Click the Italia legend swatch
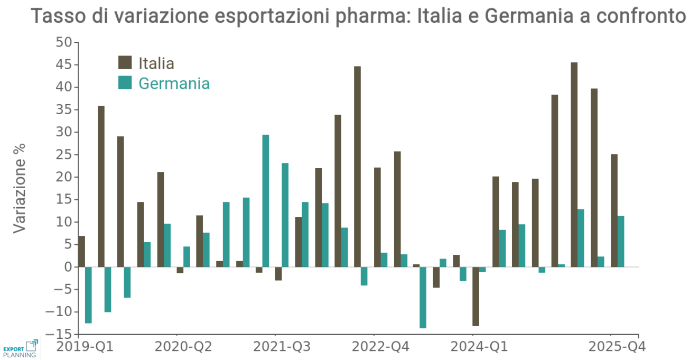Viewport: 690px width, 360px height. click(125, 62)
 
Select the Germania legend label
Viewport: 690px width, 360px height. click(174, 84)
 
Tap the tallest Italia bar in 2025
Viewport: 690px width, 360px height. click(574, 164)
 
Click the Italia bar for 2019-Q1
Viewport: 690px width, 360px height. click(81, 252)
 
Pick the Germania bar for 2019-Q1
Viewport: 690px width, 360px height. click(88, 295)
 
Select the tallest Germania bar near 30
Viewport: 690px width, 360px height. click(266, 201)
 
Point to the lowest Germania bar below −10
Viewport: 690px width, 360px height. click(423, 298)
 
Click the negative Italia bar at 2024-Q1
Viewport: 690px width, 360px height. click(475, 297)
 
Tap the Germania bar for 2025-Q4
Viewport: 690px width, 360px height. click(621, 242)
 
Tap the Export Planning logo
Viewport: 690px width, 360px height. click(21, 348)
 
